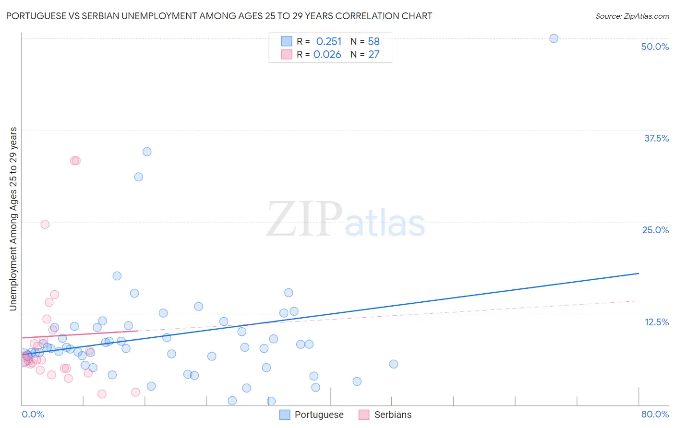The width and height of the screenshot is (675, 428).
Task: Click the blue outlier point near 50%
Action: [x=554, y=38]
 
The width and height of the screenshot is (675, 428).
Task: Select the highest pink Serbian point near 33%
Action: [x=75, y=161]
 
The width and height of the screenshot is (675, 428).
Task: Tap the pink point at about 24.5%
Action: [x=45, y=224]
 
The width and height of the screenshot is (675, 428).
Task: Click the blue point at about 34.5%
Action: [x=147, y=152]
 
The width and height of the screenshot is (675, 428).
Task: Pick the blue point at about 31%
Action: [x=138, y=177]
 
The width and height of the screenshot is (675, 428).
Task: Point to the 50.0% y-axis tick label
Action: [x=655, y=47]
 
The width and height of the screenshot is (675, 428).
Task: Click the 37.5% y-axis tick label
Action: [x=656, y=138]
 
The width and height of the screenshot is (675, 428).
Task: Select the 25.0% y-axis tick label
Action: [x=655, y=230]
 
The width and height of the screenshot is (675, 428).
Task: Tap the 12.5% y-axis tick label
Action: [x=656, y=322]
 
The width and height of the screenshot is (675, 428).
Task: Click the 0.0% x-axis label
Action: [x=33, y=414]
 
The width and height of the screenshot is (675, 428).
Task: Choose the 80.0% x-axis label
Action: [x=655, y=414]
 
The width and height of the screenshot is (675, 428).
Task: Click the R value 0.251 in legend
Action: [x=329, y=41]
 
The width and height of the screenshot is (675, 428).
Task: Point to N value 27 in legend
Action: [x=374, y=54]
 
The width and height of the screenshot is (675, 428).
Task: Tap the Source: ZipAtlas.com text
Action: [x=632, y=16]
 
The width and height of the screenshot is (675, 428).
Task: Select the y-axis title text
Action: [x=13, y=219]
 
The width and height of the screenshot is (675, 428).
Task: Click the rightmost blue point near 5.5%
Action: [x=394, y=364]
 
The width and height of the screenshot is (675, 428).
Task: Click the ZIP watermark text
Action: [x=304, y=220]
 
